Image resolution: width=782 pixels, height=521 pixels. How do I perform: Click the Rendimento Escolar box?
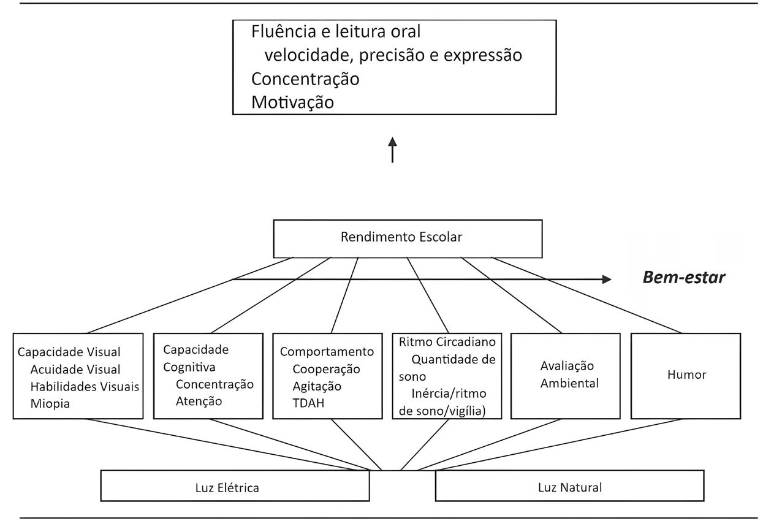408,239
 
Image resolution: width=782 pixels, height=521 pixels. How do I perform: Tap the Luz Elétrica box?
235,485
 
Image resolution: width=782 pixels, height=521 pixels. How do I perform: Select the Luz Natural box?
570,485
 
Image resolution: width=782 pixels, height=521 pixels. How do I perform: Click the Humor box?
686,376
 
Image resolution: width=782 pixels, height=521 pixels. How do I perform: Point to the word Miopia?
50,404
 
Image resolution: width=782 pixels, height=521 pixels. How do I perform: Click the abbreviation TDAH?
309,403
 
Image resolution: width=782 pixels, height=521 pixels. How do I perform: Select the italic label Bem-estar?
684,277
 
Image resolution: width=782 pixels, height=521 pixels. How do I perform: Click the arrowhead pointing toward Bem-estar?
607,280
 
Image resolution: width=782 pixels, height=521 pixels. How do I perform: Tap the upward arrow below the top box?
392,150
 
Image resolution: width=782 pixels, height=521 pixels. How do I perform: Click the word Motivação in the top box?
292,102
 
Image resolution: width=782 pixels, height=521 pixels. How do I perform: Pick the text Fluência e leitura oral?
336,31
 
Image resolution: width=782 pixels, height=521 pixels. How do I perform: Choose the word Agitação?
317,387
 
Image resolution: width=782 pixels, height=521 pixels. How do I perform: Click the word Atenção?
199,401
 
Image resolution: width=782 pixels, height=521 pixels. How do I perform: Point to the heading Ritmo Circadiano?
447,342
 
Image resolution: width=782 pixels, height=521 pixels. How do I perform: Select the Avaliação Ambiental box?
566,376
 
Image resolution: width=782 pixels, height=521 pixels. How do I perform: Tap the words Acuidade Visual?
75,370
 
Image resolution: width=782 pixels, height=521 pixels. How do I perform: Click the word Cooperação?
327,370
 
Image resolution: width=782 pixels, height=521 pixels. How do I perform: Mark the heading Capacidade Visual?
69,352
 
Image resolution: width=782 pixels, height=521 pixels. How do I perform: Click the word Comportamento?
327,352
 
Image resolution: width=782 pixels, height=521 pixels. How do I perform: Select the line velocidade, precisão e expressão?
393,56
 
